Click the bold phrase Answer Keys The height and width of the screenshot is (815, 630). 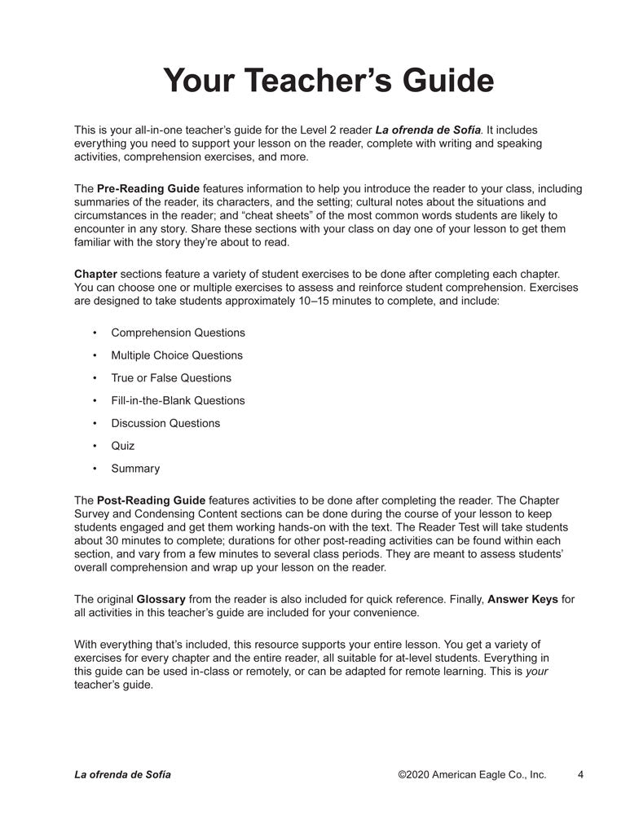522,599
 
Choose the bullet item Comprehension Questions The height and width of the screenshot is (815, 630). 178,333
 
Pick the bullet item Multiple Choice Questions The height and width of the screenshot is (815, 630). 177,355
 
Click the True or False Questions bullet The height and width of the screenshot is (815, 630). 171,378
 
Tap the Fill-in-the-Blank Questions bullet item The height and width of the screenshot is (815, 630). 178,400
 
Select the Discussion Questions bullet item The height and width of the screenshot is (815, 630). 165,423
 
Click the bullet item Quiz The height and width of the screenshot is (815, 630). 123,446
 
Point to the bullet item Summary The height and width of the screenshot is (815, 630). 135,469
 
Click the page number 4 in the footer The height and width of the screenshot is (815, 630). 580,774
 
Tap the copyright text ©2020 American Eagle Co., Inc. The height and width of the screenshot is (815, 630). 472,774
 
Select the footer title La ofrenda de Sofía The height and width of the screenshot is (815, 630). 122,774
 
